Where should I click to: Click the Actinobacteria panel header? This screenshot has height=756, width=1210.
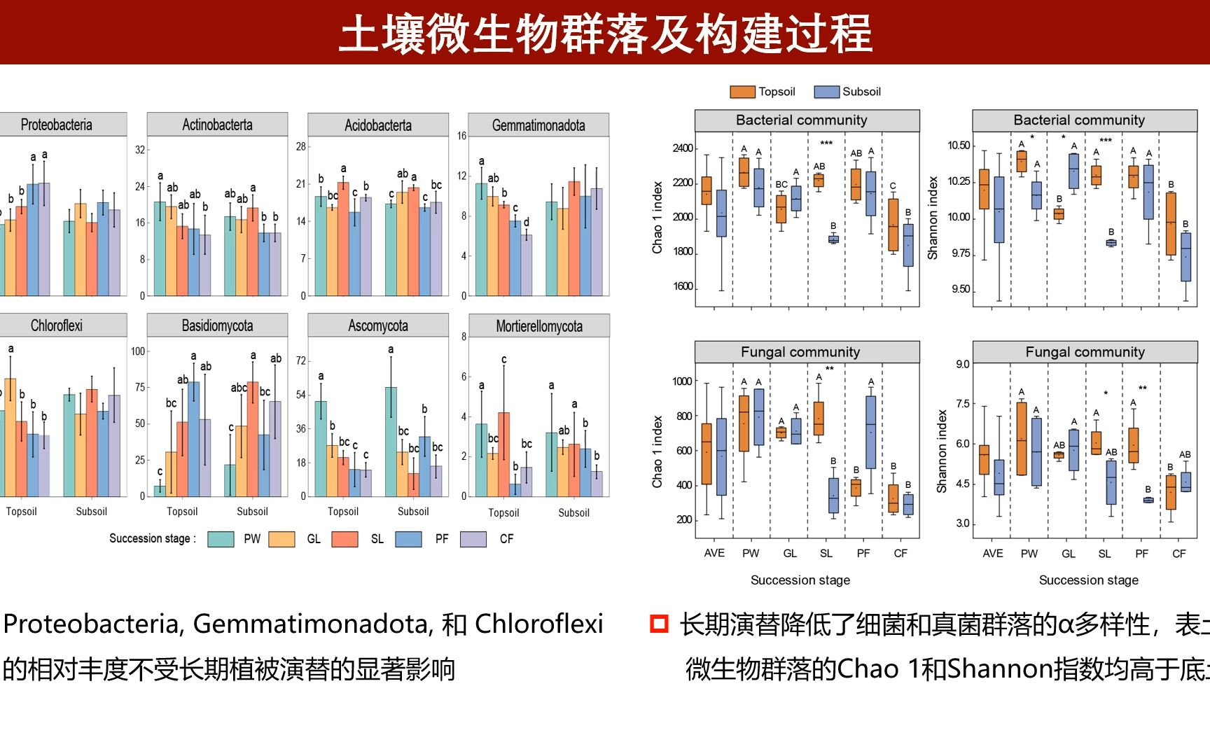point(217,125)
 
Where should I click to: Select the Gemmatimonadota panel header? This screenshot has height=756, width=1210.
point(538,125)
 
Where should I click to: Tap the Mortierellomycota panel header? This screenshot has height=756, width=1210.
point(538,326)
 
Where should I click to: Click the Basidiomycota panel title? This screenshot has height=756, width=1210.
point(217,325)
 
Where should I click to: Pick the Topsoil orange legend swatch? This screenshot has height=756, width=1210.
point(742,92)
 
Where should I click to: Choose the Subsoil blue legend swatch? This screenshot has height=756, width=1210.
point(827,92)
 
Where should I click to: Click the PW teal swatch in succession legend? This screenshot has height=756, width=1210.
point(221,539)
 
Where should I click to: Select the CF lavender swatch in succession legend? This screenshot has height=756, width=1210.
point(473,539)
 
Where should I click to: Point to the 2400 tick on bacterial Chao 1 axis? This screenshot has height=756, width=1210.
point(682,148)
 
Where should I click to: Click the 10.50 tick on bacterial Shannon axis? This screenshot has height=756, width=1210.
point(959,146)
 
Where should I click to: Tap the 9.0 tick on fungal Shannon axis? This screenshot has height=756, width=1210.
point(963,364)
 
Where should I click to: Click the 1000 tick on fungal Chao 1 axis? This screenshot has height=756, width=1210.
point(682,381)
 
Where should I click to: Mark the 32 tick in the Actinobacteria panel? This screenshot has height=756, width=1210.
point(140,150)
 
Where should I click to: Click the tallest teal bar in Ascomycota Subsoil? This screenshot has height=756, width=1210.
point(391,442)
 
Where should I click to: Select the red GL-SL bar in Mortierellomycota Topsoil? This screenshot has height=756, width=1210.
point(503,454)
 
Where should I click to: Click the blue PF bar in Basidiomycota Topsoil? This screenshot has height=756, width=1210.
point(193,439)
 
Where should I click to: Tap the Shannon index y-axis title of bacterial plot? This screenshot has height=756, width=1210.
point(933,218)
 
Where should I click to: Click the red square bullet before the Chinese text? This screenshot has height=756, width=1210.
point(659,624)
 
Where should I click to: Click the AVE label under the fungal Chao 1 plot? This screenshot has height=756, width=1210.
point(714,553)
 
